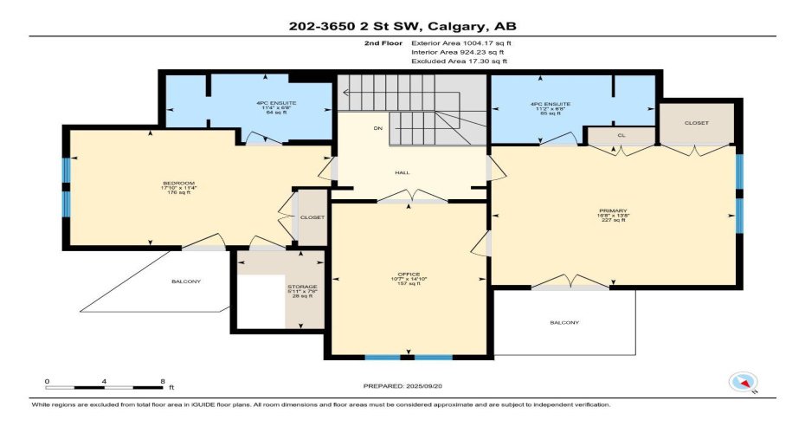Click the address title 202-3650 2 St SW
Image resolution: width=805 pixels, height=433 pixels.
(402, 26)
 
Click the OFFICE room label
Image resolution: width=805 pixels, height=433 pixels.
(409, 274)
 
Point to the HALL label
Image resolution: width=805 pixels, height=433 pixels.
(402, 172)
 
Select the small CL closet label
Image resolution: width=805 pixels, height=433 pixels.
(621, 135)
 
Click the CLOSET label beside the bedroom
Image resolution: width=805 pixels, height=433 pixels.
(312, 217)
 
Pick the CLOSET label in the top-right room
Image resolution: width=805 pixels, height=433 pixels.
(696, 123)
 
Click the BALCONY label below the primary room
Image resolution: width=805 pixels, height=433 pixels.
(564, 323)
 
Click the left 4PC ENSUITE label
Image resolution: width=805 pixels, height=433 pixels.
(275, 103)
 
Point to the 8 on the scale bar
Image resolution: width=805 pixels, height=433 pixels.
(162, 381)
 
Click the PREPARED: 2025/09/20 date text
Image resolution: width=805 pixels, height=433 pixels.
(402, 385)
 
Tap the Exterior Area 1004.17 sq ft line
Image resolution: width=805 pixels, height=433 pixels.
(458, 42)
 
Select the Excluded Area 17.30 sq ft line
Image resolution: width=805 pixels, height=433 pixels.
(458, 61)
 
